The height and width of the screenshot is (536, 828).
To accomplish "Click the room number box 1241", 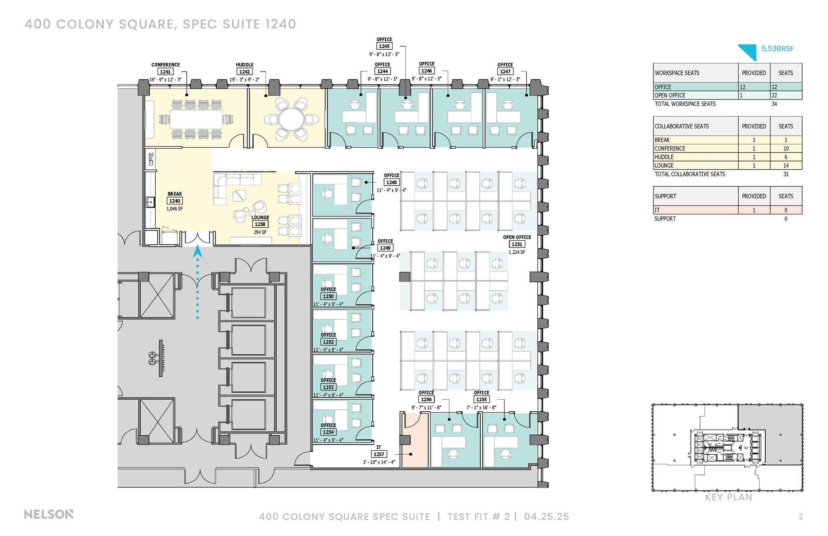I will tap(165, 72).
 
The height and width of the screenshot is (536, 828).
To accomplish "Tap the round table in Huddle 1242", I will tap(291, 120).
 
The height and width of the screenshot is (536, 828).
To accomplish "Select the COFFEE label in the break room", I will tap(151, 159).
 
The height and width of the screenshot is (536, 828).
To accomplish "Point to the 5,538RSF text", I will tap(777, 49).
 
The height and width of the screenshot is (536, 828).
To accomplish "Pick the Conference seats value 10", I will tap(786, 148).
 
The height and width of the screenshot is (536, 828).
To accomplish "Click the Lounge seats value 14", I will tap(786, 165).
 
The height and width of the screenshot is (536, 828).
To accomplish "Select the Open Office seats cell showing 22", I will tap(786, 95).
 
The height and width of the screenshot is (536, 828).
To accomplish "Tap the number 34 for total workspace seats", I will tap(774, 104).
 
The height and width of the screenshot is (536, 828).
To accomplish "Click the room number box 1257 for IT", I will tap(379, 454).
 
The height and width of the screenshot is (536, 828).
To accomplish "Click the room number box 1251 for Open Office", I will tap(517, 244).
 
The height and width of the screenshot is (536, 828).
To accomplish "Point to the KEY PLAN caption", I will tap(728, 498).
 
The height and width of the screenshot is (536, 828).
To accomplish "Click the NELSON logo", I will tap(49, 515).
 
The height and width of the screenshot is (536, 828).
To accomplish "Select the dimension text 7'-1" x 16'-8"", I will tap(481, 407).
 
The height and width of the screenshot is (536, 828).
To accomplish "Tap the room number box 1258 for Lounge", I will tap(260, 225).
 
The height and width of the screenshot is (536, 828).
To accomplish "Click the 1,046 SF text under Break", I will tap(175, 209).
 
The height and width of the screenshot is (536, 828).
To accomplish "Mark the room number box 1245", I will tap(384, 47).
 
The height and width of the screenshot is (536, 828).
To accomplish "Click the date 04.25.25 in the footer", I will tap(546, 517).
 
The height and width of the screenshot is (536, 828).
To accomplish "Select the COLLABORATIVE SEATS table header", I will tap(682, 126).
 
